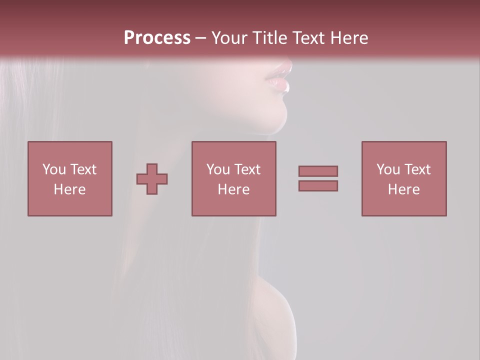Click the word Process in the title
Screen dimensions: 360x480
[157, 38]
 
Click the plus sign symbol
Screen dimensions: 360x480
[152, 179]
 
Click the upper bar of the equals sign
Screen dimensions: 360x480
[318, 171]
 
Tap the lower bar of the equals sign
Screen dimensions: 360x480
[318, 186]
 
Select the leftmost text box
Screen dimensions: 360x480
[69, 178]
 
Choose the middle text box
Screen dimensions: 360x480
[233, 178]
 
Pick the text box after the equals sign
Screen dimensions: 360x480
[404, 178]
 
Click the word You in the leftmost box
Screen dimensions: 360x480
[54, 169]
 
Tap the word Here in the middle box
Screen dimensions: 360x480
[233, 189]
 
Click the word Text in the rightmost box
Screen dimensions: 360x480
[417, 169]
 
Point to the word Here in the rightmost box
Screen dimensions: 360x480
[404, 189]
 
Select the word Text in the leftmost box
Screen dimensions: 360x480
[83, 169]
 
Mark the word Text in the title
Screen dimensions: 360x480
[306, 38]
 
